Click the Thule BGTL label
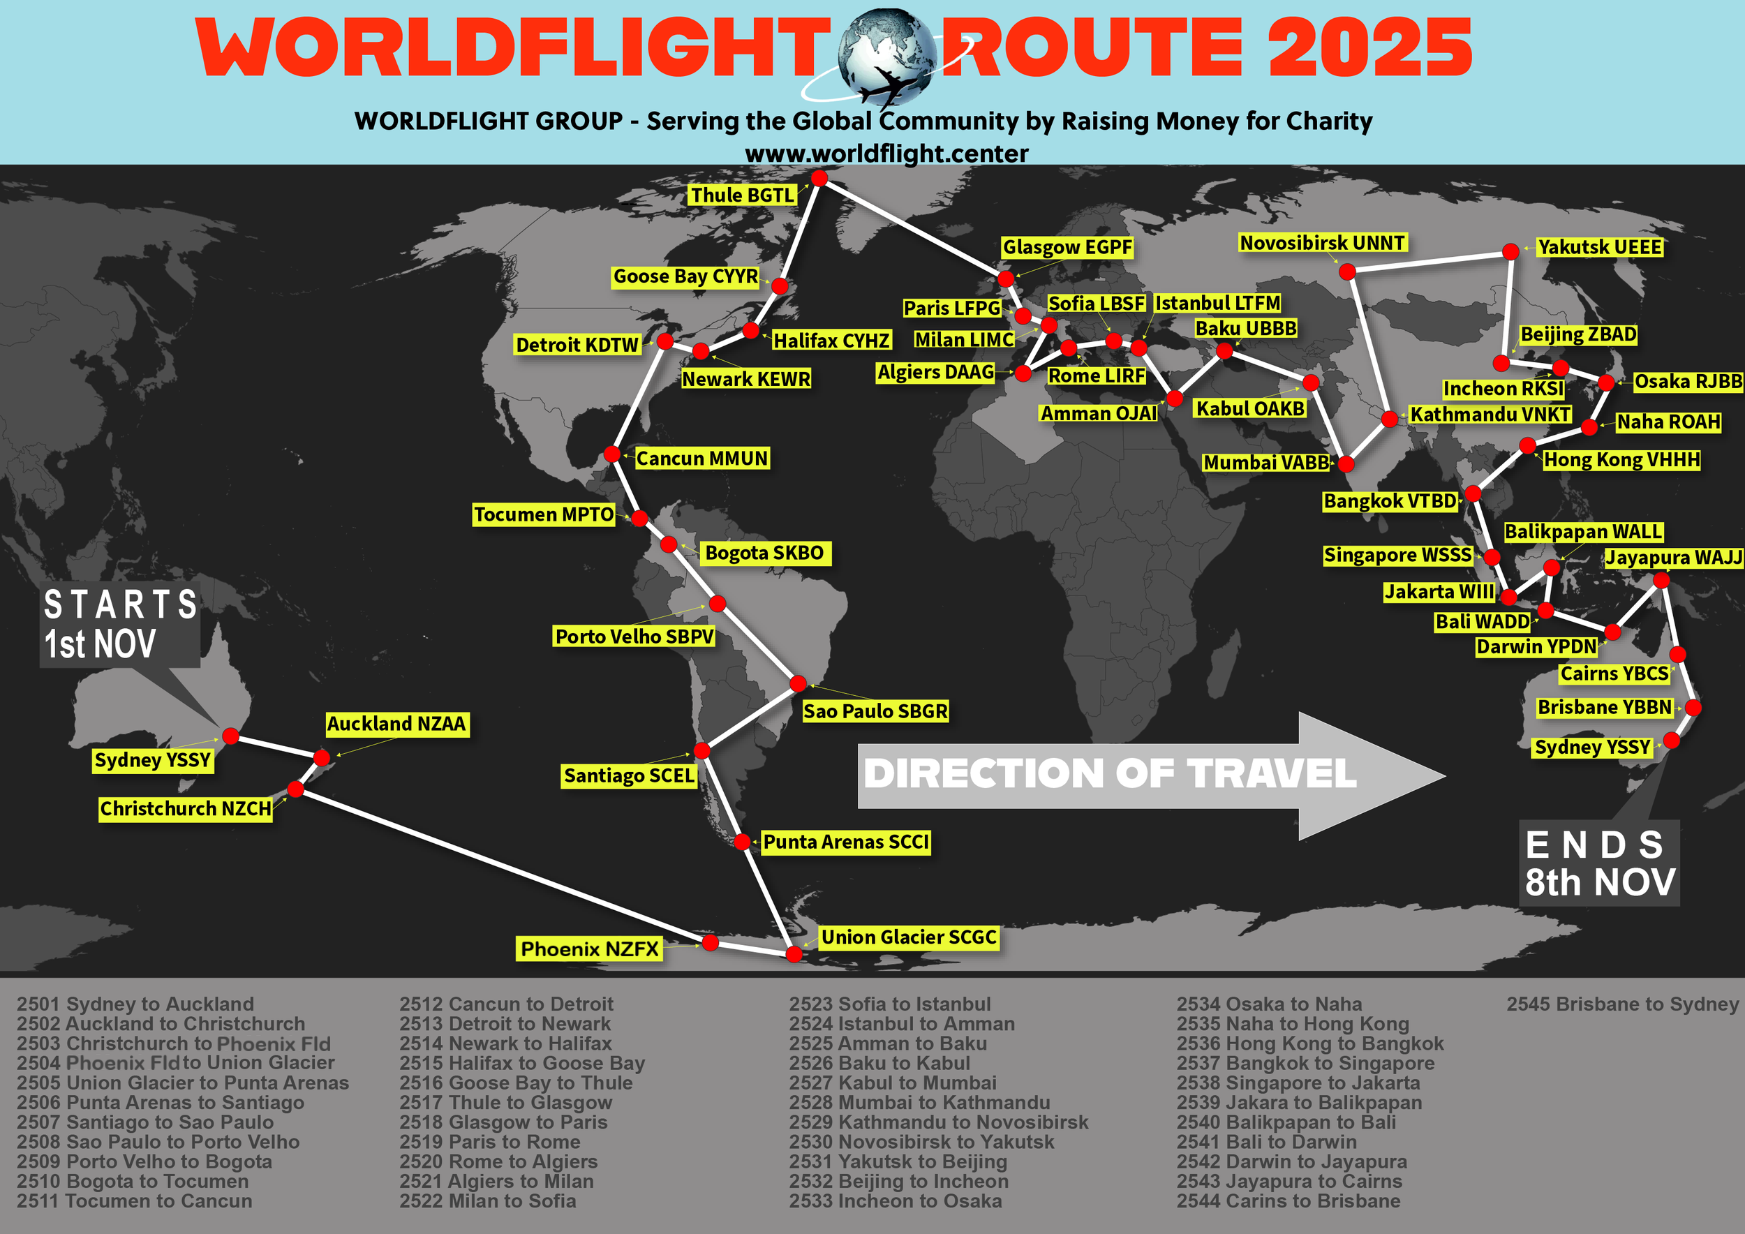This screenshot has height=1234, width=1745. coord(742,195)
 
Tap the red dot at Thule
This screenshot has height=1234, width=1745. coord(819,178)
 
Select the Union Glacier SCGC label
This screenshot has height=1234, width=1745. coord(908,937)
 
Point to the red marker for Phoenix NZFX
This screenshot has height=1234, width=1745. coord(710,942)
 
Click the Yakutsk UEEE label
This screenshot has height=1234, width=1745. coord(1599,247)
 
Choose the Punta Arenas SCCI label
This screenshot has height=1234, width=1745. coord(846,842)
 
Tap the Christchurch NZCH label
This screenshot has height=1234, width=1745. coord(186,808)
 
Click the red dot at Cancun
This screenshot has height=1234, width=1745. coord(612,454)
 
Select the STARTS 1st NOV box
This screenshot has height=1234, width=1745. coord(120,625)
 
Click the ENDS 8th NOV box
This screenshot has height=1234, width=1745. coord(1599,863)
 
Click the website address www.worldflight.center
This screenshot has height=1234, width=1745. coord(886,154)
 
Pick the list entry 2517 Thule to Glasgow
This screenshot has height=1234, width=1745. coord(505,1103)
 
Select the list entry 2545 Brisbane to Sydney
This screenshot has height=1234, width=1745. coord(1622,1004)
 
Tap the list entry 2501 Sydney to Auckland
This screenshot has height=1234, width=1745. coord(135,1004)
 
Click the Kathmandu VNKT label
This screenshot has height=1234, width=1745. coord(1490,414)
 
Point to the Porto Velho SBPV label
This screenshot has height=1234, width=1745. coord(634,636)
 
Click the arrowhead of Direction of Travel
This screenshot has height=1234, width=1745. coord(1368,776)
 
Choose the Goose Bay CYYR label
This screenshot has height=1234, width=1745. coord(685,276)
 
